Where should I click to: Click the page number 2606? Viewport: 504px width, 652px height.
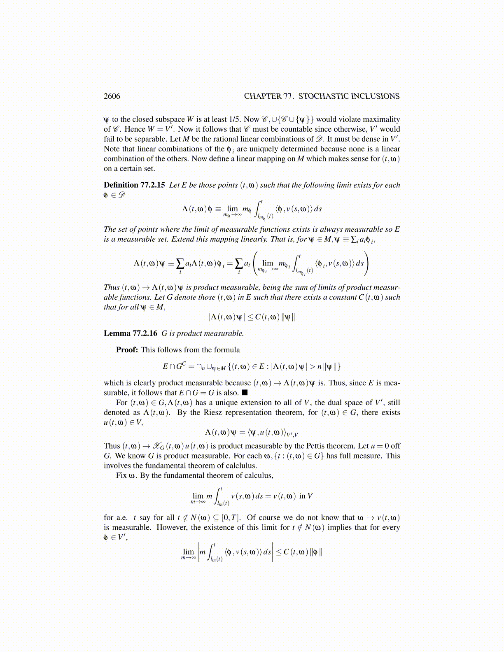point(112,96)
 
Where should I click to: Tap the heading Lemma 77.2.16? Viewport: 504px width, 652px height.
point(131,333)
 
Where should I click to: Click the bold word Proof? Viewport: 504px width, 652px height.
point(127,350)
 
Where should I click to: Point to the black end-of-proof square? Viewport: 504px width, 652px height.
point(245,393)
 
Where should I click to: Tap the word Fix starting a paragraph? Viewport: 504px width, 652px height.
point(121,475)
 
